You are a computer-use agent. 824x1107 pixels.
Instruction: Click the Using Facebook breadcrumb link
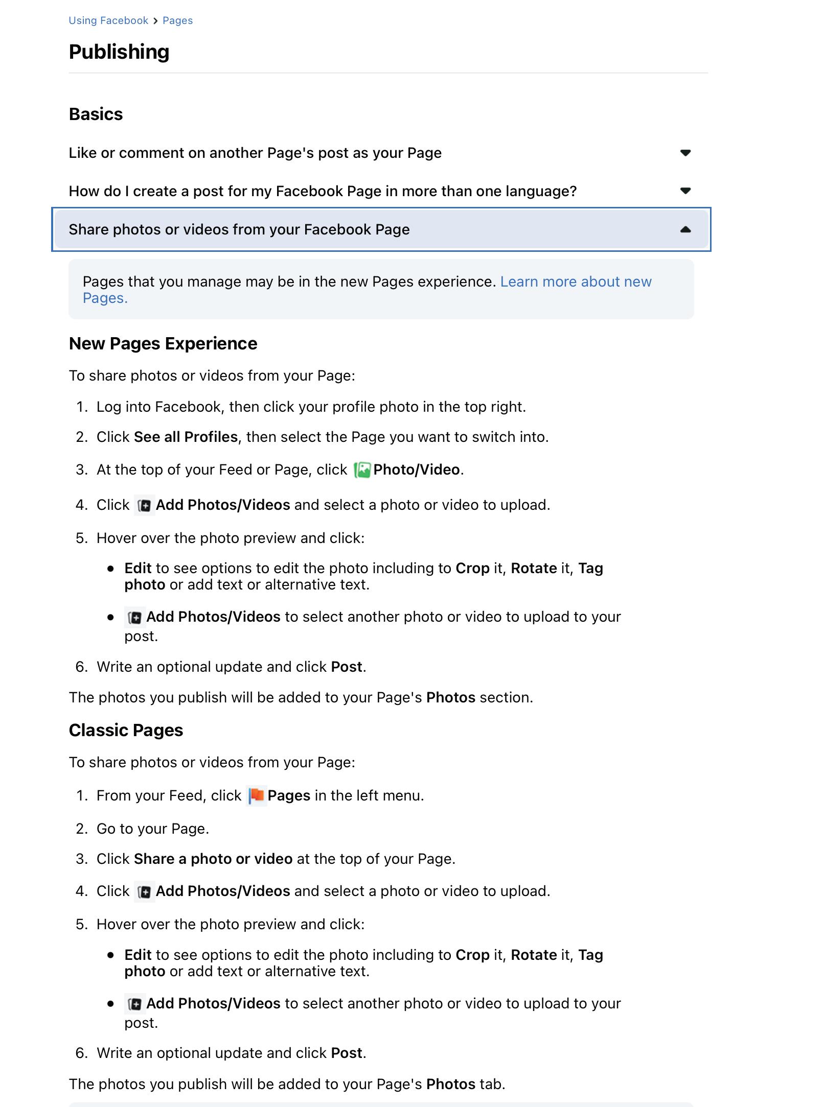point(108,20)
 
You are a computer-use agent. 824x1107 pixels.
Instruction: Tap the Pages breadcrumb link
point(177,20)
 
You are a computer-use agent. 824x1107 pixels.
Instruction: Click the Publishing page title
point(119,52)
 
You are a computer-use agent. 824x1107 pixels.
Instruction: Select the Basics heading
point(96,114)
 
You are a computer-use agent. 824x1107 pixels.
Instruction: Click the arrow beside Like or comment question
point(685,153)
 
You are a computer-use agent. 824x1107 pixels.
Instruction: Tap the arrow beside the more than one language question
point(685,191)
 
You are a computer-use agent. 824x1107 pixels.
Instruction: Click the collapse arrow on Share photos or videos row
point(685,229)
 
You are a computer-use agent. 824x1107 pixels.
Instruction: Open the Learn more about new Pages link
point(576,282)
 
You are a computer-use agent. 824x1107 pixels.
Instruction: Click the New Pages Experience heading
point(163,344)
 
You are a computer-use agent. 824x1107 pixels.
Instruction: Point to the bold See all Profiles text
point(186,437)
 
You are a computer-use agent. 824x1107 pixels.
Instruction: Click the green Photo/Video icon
point(362,470)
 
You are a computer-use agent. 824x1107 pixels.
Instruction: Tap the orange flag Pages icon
point(256,796)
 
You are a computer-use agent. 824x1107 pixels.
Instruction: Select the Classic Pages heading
point(126,731)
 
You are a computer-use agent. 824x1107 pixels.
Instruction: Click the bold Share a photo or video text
point(213,859)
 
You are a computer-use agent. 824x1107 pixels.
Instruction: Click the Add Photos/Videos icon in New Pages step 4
point(145,506)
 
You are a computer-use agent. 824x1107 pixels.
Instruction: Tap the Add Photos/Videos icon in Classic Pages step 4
point(145,892)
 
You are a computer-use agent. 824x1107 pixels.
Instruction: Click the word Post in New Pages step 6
point(347,667)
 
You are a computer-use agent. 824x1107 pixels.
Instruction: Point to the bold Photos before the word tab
point(451,1084)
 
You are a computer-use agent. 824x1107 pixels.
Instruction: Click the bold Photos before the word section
point(451,698)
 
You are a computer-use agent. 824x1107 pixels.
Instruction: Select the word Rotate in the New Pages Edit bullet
point(534,569)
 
